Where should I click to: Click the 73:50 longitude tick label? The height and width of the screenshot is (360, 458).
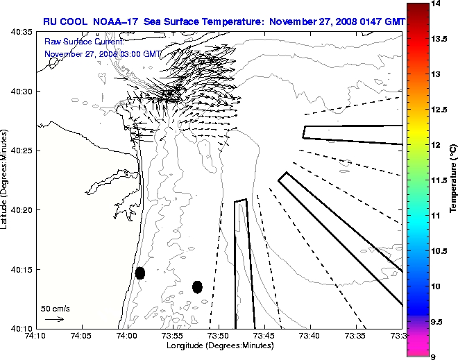pyautogui.click(x=219, y=336)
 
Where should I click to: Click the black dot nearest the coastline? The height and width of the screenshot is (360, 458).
pyautogui.click(x=140, y=273)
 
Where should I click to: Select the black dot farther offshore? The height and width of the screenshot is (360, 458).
pyautogui.click(x=197, y=286)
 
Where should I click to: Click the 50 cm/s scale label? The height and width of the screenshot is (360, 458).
pyautogui.click(x=56, y=308)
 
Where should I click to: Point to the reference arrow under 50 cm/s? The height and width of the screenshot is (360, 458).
pyautogui.click(x=55, y=319)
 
